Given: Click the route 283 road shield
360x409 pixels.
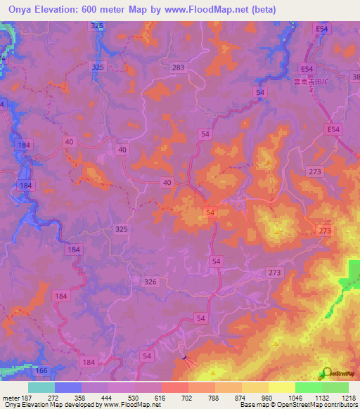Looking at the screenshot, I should click(x=179, y=67).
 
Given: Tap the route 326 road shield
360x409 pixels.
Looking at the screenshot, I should click(x=150, y=282).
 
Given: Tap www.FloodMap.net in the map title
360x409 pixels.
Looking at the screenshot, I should click(x=214, y=9).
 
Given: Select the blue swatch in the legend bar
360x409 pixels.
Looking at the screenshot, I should click(x=67, y=387).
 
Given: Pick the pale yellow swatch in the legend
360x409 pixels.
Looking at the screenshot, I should click(x=281, y=387).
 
